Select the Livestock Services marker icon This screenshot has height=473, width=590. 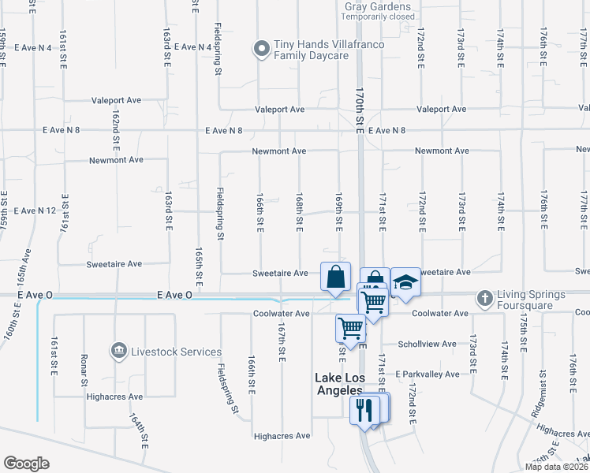(118, 350)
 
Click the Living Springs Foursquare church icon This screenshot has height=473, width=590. (484, 299)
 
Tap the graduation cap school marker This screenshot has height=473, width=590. (405, 281)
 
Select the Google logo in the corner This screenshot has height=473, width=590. (26, 464)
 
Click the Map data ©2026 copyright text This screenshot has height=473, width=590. (556, 467)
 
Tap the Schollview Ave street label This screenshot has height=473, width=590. (428, 345)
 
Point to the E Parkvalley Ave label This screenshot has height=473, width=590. (428, 374)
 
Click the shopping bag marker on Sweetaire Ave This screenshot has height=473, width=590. (335, 277)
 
